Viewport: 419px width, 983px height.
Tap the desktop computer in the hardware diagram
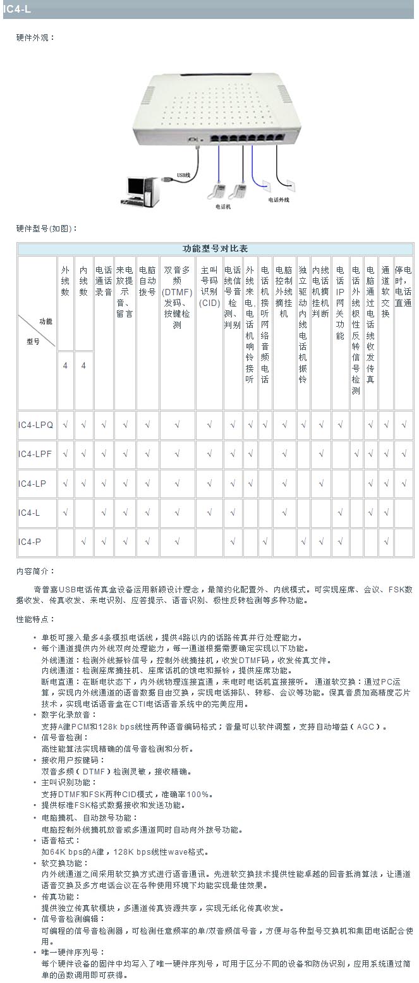140,189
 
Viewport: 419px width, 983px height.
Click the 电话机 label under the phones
223,206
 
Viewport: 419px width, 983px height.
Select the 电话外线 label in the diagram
278,200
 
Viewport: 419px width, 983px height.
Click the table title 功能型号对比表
216,248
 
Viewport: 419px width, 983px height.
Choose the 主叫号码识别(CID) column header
209,286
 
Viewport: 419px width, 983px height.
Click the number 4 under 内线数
83,365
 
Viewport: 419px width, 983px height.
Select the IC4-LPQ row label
36,425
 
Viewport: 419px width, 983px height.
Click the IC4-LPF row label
36,454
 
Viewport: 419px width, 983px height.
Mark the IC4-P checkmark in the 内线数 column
83,542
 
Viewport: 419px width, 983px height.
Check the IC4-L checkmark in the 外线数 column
65,513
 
